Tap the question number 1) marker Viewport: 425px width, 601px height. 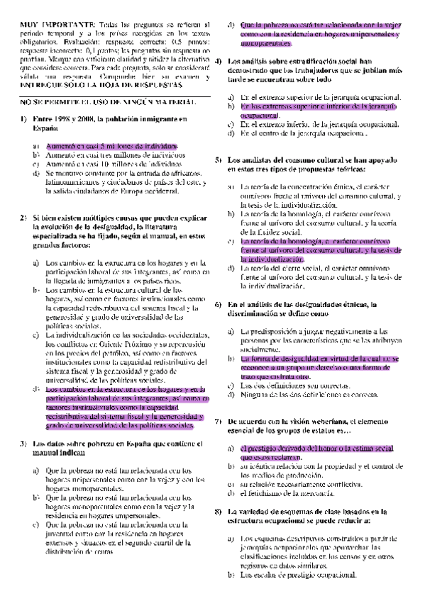tap(23, 119)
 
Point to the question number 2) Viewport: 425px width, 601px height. tap(23, 215)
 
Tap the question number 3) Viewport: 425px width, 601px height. tap(23, 444)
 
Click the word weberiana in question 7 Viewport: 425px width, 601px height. tap(317, 421)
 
